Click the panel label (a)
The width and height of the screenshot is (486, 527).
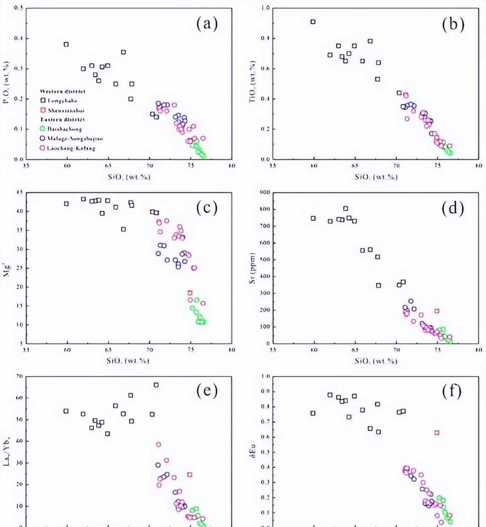click(x=207, y=24)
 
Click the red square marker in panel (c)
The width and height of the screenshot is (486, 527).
click(x=190, y=293)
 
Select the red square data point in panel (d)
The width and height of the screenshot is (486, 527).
click(x=437, y=311)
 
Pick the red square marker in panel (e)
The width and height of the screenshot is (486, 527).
click(x=190, y=474)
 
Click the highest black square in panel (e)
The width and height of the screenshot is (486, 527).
click(x=156, y=385)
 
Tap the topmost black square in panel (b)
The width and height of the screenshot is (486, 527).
click(x=313, y=22)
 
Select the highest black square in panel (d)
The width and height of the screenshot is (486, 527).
click(x=345, y=208)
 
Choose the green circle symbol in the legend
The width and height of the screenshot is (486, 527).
click(x=43, y=129)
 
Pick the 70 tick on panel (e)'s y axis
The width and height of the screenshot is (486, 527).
click(x=20, y=376)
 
